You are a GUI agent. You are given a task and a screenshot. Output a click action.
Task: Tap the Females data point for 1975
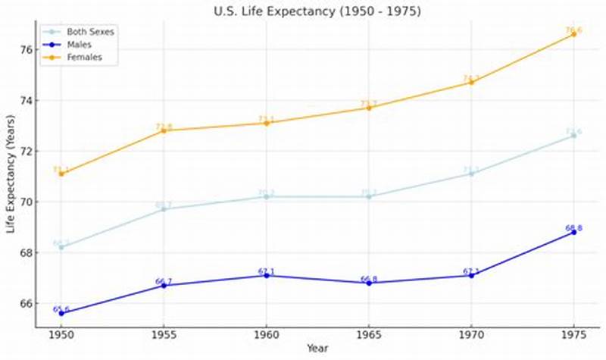point(573,34)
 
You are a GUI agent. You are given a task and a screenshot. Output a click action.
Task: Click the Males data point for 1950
point(61,313)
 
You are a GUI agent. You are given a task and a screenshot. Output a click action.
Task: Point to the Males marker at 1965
point(369,283)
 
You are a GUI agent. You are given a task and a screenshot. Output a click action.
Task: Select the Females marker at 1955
point(164,130)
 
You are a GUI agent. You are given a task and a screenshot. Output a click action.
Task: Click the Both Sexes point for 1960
point(266,196)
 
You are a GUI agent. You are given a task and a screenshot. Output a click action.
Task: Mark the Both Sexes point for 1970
point(471,174)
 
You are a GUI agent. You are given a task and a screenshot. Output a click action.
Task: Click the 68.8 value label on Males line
point(573,228)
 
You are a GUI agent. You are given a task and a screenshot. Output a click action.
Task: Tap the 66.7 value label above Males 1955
point(164,281)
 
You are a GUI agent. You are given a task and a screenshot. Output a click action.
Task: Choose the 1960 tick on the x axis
point(266,334)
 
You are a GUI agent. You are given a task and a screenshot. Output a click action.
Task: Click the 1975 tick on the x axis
point(573,334)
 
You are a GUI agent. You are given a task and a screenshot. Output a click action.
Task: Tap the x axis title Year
point(317,348)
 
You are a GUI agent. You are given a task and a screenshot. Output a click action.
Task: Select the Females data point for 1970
point(471,82)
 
